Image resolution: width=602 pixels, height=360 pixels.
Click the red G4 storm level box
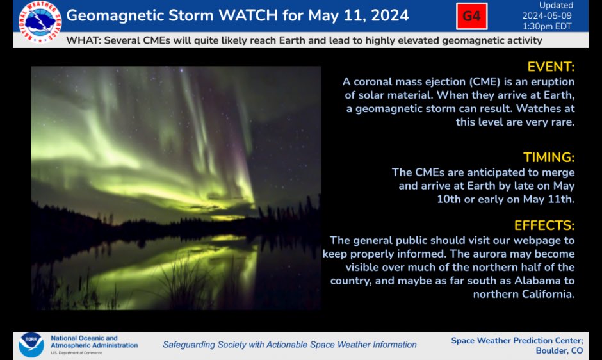(471, 16)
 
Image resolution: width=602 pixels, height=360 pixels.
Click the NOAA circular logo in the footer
(31, 344)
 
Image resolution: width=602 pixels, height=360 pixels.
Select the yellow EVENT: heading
(551, 67)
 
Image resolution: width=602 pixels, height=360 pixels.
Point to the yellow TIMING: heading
(549, 158)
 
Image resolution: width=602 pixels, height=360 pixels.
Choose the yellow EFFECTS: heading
(544, 225)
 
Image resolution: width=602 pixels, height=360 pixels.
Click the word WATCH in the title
(247, 15)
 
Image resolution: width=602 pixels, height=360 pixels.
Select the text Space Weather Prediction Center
(517, 340)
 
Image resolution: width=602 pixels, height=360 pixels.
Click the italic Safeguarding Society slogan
(289, 345)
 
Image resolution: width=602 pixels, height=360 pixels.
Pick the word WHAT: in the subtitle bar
(81, 40)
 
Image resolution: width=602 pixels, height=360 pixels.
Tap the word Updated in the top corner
(556, 6)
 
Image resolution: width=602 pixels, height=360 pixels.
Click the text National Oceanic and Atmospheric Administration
(94, 341)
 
